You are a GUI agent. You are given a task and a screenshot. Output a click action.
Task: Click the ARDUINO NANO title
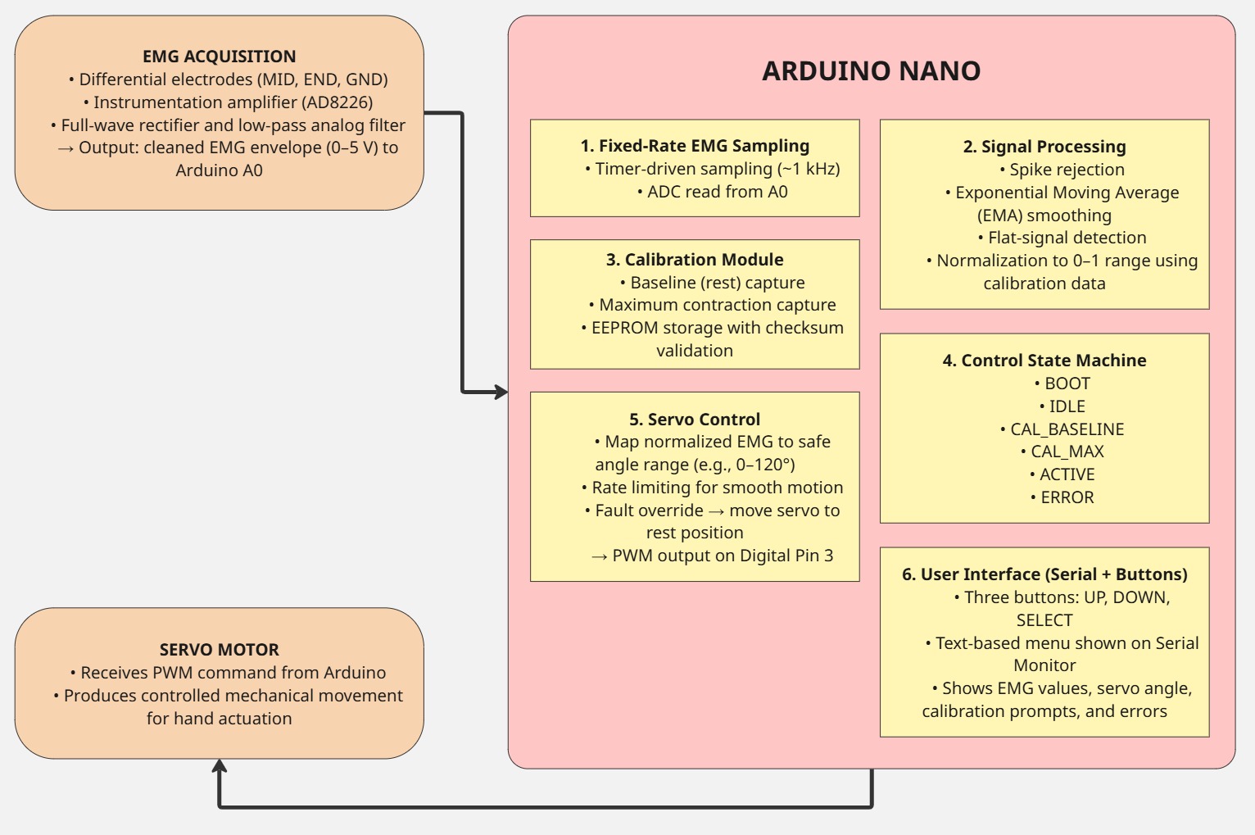coord(871,71)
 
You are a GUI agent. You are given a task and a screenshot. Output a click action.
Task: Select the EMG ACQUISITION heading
coord(219,57)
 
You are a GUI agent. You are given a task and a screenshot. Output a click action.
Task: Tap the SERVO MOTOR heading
coord(219,650)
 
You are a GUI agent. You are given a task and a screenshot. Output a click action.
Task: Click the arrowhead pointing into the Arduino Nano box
coord(501,392)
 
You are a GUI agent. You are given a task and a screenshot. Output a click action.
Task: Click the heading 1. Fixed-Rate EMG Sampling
coord(695,146)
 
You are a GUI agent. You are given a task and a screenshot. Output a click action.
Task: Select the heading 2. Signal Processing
coord(1044,147)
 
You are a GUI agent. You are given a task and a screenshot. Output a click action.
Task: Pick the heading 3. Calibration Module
coord(695,260)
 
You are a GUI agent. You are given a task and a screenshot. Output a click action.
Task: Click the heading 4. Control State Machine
coord(1044,361)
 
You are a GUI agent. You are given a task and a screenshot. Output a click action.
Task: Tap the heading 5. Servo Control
coord(695,420)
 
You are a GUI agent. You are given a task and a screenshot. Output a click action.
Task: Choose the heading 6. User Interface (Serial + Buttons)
coord(1044,574)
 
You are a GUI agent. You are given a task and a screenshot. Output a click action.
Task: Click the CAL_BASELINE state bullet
coord(1062,429)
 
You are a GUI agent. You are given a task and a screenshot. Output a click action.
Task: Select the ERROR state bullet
coord(1062,497)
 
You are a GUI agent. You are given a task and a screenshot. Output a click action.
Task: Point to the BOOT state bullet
coord(1062,383)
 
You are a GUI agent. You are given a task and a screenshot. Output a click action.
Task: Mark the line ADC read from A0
coord(713,192)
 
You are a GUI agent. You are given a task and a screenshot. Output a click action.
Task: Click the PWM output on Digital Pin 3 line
coord(713,556)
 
